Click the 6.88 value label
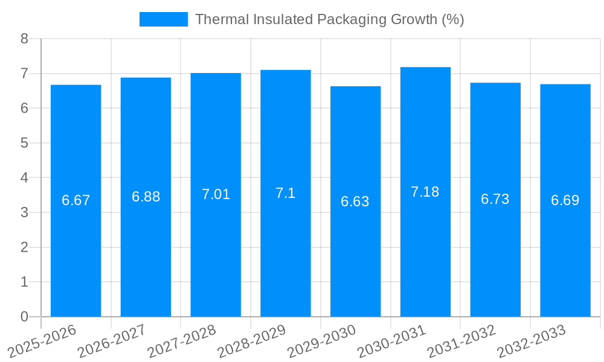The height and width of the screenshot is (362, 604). click(146, 197)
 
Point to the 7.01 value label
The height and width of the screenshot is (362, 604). click(216, 194)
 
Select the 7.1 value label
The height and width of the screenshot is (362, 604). click(285, 193)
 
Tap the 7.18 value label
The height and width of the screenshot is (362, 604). click(425, 192)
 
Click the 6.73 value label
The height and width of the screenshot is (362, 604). click(495, 200)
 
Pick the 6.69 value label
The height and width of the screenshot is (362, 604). click(565, 200)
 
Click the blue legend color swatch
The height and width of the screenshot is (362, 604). click(163, 19)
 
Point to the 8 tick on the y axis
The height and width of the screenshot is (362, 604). click(25, 39)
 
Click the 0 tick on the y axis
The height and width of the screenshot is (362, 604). click(25, 317)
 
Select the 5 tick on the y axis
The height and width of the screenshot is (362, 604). click(25, 143)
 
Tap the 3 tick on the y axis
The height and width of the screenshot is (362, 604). click(25, 212)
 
